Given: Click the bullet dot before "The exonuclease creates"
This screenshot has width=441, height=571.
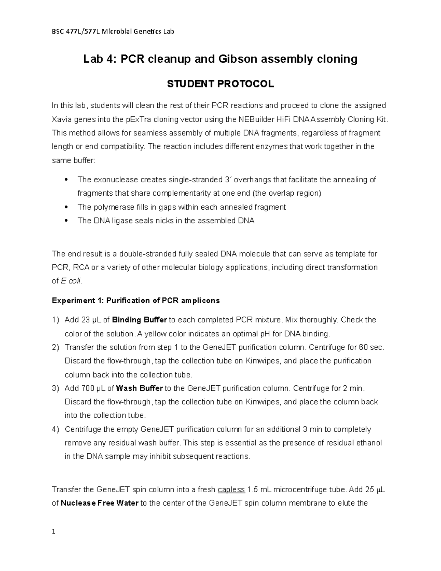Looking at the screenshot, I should tap(65, 180).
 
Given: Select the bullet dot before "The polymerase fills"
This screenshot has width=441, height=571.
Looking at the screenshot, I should tap(65, 207).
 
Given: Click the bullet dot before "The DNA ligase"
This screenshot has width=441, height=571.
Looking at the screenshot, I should tap(65, 221).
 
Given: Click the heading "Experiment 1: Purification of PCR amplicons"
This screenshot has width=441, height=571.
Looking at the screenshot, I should tap(136, 301).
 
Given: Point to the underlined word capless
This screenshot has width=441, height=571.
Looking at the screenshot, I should tap(231, 490).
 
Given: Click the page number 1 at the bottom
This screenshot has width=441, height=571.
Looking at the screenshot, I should tap(54, 542).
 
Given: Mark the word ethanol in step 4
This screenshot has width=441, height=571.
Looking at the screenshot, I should tap(369, 443).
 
